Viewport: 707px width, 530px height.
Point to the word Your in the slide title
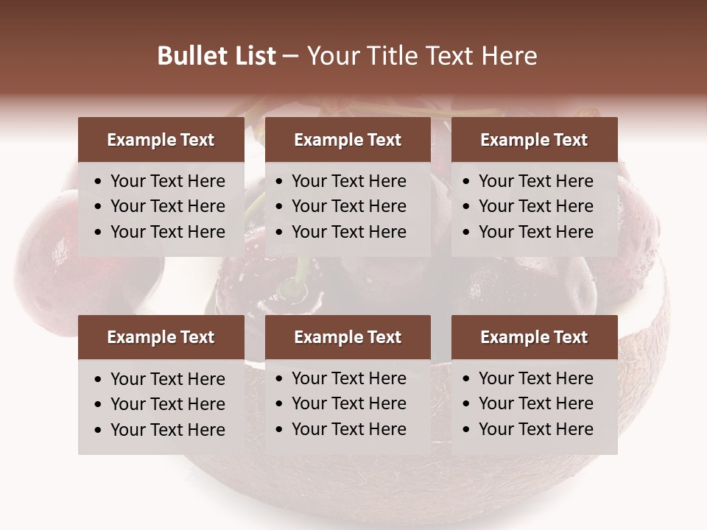[x=330, y=56]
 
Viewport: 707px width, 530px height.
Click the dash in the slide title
[x=290, y=57]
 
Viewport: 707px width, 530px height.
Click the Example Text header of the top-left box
[x=161, y=140]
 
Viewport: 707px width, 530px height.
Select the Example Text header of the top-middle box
[x=348, y=140]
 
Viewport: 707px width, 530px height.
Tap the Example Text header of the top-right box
[x=534, y=140]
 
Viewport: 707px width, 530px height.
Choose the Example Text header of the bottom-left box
[x=161, y=337]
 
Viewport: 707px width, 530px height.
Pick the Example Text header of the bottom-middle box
[x=348, y=337]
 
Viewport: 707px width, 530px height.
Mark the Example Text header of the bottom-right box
[x=534, y=337]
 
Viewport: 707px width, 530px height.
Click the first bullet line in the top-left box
[x=167, y=181]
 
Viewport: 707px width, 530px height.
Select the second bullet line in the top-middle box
[x=348, y=206]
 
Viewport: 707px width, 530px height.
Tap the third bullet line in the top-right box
[x=535, y=232]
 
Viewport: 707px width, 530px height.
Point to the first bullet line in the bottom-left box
[x=167, y=379]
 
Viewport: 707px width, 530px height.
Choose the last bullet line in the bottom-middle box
[x=348, y=429]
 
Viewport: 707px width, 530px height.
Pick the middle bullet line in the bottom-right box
[x=535, y=403]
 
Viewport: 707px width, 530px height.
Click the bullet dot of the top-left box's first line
[x=99, y=182]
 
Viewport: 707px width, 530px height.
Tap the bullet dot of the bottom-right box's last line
[x=467, y=430]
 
